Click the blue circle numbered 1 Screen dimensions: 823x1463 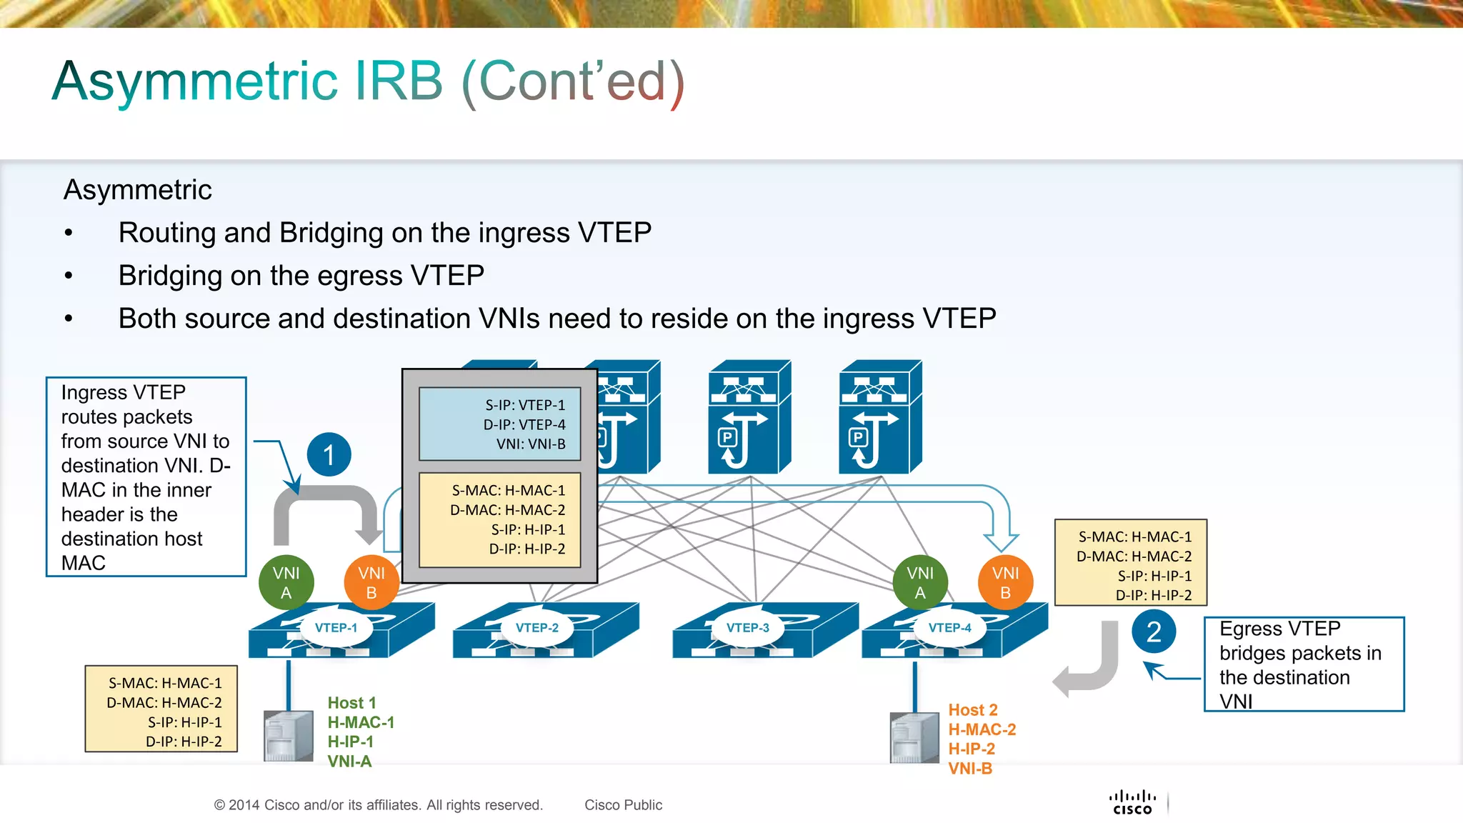(329, 454)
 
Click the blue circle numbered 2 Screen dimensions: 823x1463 (1154, 632)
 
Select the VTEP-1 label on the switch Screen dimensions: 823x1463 (336, 628)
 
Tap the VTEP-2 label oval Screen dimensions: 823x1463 (537, 628)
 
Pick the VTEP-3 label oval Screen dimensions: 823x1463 (747, 628)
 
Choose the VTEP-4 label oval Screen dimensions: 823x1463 (949, 628)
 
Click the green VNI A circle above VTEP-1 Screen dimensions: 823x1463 (286, 582)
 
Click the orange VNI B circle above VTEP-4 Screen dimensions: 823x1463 (1005, 582)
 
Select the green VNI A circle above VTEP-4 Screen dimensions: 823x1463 (920, 582)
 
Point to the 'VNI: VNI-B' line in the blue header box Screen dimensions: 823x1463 (531, 444)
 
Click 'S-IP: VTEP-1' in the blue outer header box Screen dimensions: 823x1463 (525, 405)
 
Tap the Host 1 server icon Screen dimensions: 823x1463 (289, 736)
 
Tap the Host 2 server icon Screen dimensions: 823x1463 (914, 738)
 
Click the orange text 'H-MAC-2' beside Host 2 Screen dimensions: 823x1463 (982, 729)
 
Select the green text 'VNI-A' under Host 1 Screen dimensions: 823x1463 (349, 762)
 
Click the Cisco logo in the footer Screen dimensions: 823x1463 (1132, 802)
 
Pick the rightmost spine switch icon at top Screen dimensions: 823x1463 (880, 418)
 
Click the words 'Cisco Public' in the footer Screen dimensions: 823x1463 (623, 805)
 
